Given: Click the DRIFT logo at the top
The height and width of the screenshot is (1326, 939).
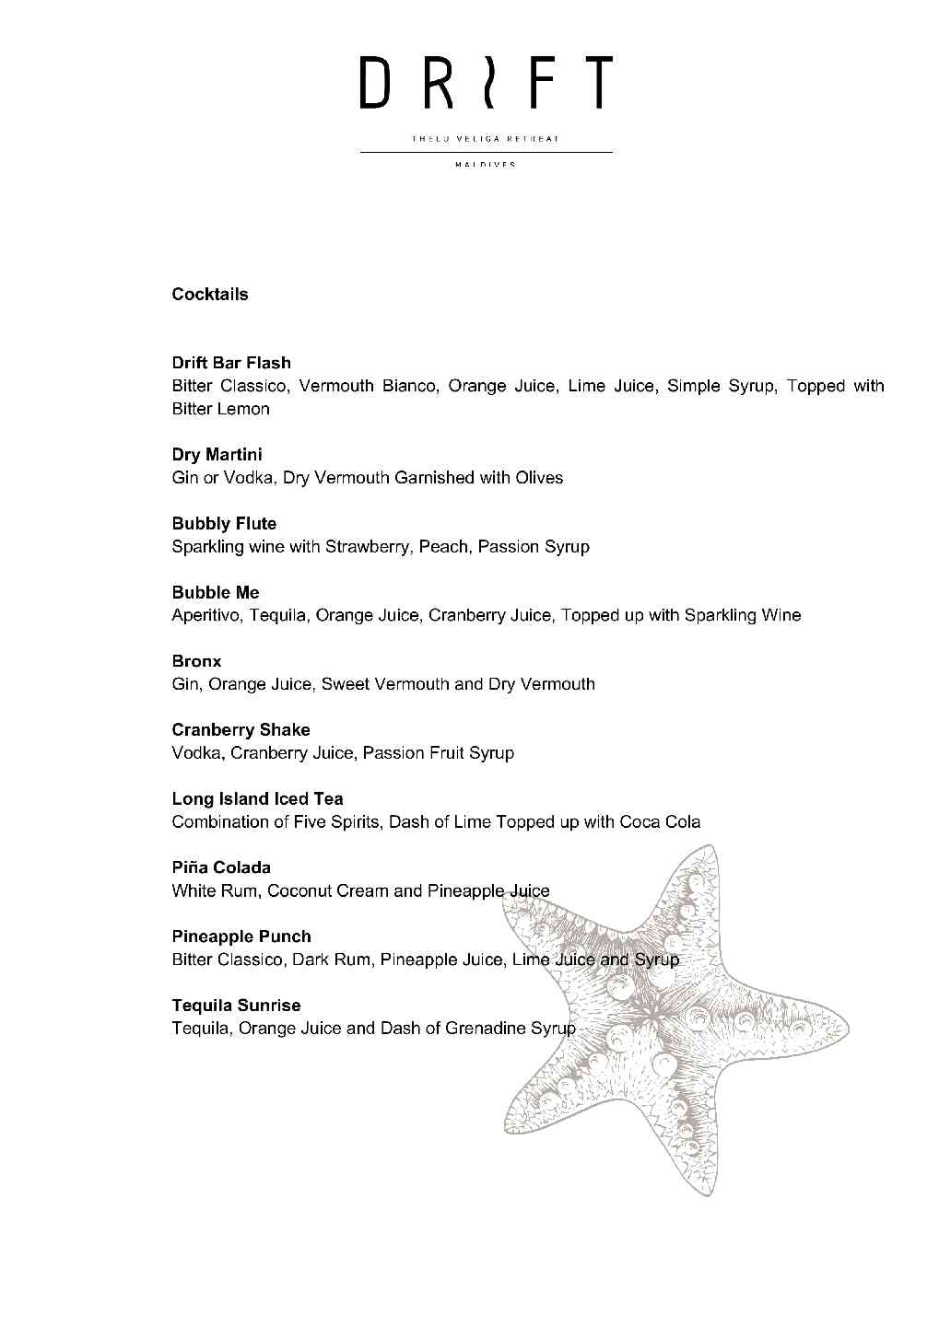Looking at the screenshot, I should point(486,82).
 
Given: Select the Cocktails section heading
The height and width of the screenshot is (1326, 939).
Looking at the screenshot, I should point(210,295).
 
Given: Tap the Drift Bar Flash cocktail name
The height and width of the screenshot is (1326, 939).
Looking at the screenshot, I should point(231,363).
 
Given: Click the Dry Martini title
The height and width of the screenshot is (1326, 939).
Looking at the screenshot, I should point(217,455).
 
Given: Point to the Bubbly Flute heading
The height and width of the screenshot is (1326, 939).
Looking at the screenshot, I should point(224,524).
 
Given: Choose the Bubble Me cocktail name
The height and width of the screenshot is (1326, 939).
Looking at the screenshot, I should point(216,593).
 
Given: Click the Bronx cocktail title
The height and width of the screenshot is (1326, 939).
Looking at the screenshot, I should point(196,661).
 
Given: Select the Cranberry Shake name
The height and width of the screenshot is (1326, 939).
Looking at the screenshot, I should point(241,730).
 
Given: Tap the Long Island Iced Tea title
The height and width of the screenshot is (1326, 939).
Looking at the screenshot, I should point(257,799).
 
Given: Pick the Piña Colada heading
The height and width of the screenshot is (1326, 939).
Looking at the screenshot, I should point(221,867).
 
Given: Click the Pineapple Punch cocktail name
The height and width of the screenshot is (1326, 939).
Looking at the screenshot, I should point(241,936).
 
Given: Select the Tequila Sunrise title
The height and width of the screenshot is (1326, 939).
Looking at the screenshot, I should point(236,1006).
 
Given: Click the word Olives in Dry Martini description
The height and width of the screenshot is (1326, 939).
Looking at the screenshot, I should point(539,478).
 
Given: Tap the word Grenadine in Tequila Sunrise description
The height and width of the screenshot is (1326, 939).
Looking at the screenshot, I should point(486,1029).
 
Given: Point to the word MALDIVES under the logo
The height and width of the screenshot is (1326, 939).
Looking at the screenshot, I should point(486,165).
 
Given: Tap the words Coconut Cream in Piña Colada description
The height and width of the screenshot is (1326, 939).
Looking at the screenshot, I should point(328,891).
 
